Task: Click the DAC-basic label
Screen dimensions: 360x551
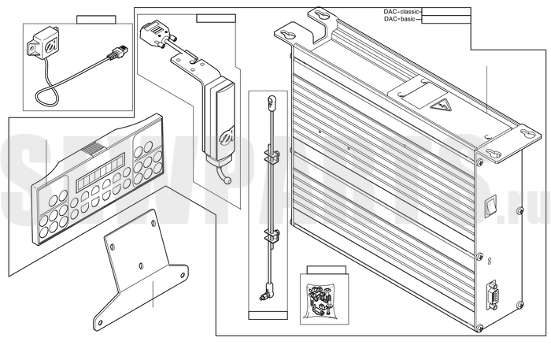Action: click(x=398, y=20)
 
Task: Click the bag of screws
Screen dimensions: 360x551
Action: click(x=320, y=298)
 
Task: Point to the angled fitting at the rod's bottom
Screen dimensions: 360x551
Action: click(x=262, y=298)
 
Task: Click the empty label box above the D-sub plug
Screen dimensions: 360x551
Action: click(x=215, y=17)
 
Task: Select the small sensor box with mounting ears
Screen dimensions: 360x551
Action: click(x=44, y=43)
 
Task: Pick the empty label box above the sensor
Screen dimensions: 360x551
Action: click(x=96, y=19)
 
